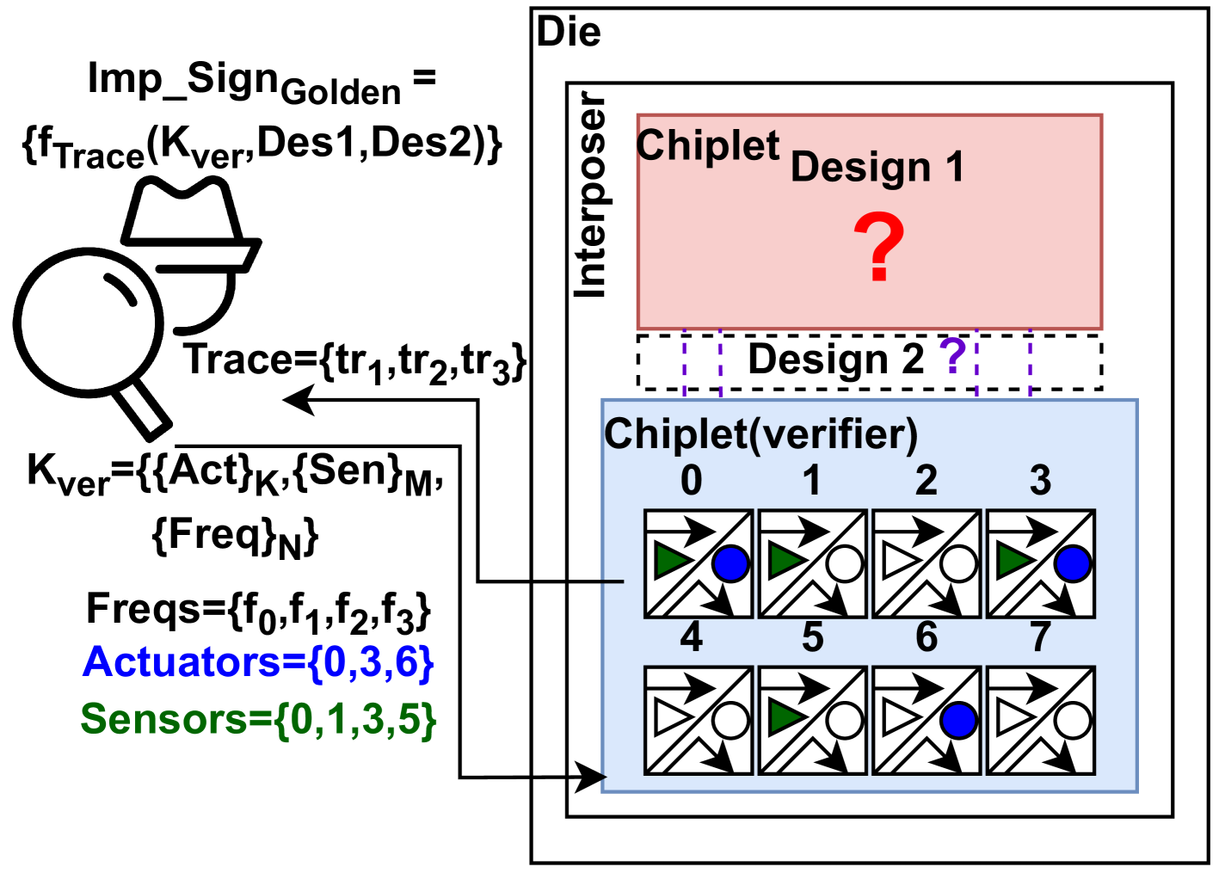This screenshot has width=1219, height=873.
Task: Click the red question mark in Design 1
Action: coord(878,248)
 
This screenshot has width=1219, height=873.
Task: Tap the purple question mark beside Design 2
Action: coord(952,355)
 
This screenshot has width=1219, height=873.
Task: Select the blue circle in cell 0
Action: coord(730,563)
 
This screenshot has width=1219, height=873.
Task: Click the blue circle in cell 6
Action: coord(958,721)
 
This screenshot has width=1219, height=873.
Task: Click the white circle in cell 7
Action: coord(1072,721)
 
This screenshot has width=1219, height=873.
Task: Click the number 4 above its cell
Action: coord(691,637)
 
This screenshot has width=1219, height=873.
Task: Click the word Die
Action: coord(569,33)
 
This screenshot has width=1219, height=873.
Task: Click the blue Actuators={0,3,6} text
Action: coord(258,662)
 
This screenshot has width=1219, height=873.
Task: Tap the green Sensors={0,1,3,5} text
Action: coord(258,719)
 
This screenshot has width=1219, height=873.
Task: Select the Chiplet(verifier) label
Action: coord(760,434)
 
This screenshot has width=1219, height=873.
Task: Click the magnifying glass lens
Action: coord(88,323)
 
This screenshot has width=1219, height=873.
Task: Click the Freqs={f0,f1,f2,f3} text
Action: coord(258,610)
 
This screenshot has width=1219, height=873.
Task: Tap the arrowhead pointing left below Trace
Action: coord(297,399)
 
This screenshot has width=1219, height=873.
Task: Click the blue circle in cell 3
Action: coord(1072,563)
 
